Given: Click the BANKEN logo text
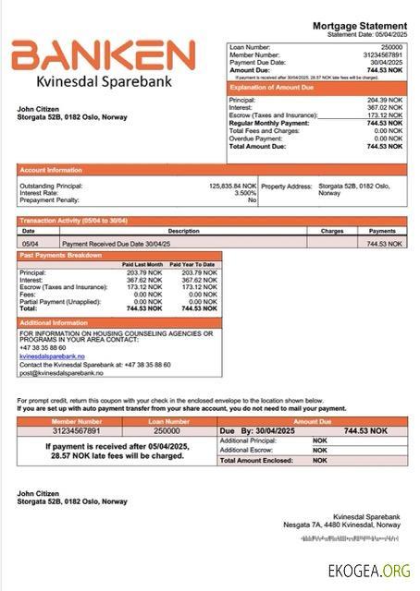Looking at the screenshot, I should tap(103, 56).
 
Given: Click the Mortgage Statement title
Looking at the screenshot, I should tap(360, 26).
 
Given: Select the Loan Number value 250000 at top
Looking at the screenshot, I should tap(392, 46).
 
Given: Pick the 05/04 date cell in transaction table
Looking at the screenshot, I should tap(30, 243).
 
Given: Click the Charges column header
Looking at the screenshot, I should tap(331, 231).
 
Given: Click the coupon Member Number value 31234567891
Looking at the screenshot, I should tap(76, 430).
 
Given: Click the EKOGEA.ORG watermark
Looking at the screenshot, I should tap(369, 573).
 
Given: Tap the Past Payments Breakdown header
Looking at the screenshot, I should tap(61, 255).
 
